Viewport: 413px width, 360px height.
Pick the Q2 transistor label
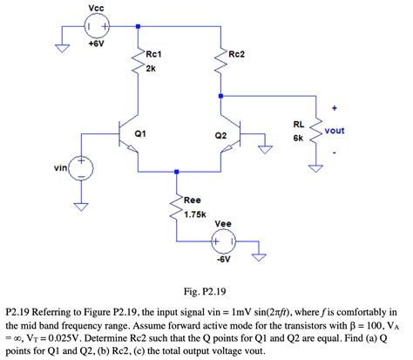click(220, 136)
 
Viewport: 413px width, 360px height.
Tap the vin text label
click(59, 166)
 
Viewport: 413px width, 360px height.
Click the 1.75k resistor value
click(194, 214)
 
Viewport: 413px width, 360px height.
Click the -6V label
click(224, 259)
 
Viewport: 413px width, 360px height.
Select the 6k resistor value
click(298, 138)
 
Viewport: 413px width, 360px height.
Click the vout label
click(335, 131)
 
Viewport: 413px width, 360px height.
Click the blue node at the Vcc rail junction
click(139, 26)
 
